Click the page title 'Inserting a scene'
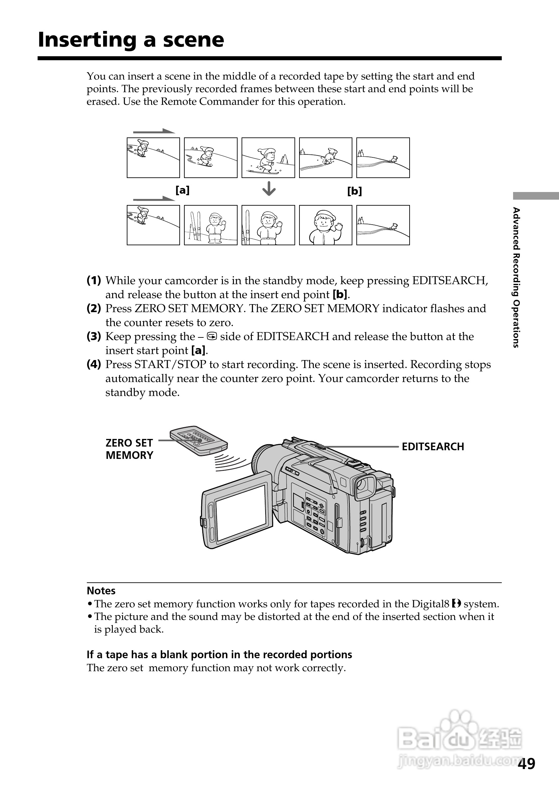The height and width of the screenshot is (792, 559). tap(131, 40)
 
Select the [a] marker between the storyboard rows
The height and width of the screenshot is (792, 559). tap(182, 190)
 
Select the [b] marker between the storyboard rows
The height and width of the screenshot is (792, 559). tap(354, 191)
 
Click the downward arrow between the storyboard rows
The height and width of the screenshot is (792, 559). tap(269, 189)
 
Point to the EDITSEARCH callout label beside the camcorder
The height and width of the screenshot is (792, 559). tap(433, 447)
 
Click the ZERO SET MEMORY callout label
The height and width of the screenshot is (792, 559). tap(129, 449)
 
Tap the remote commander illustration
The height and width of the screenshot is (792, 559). tap(199, 441)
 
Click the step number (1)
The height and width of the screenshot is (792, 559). tap(94, 281)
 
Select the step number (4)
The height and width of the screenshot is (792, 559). tap(94, 364)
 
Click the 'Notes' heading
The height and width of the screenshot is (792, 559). tap(101, 591)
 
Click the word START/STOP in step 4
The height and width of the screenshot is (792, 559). tap(170, 365)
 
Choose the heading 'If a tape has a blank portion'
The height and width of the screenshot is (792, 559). tap(219, 654)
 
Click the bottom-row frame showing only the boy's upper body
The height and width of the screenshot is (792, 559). tap(325, 225)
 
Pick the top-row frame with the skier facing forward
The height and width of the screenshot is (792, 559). tap(268, 158)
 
